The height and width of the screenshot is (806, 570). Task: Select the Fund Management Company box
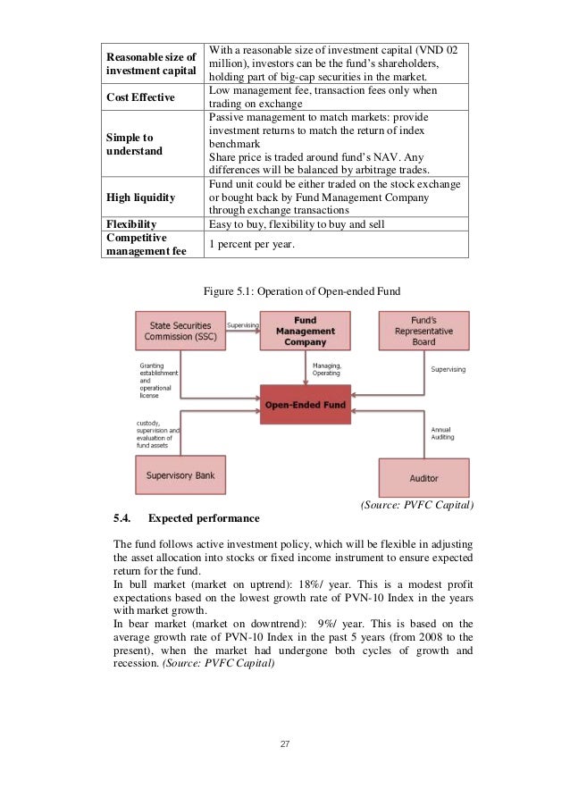coord(305,331)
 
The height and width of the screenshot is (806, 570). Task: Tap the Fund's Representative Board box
coord(424,331)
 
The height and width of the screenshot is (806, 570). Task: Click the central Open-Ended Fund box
coord(305,404)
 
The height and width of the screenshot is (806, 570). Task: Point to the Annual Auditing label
coord(443,433)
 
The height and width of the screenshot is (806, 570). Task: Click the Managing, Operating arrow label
coord(326,368)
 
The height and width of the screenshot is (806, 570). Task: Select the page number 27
coord(284,743)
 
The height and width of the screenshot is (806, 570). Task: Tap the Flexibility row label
coord(132,223)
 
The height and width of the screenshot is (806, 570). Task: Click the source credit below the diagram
coord(415,505)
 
